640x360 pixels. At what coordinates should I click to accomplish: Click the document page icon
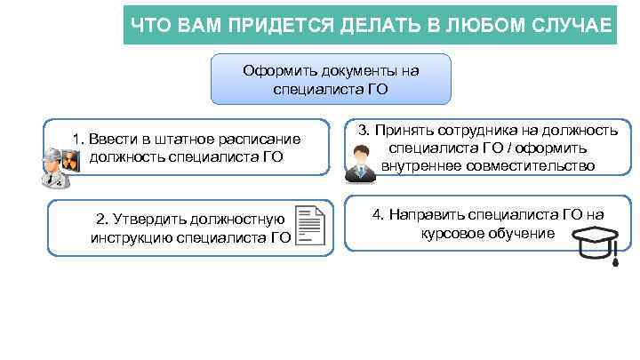coord(308,226)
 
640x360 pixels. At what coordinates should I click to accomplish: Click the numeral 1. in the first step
coord(79,140)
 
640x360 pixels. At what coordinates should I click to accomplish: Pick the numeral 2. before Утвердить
coord(101,219)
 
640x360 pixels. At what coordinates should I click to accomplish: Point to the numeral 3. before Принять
coord(364,130)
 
